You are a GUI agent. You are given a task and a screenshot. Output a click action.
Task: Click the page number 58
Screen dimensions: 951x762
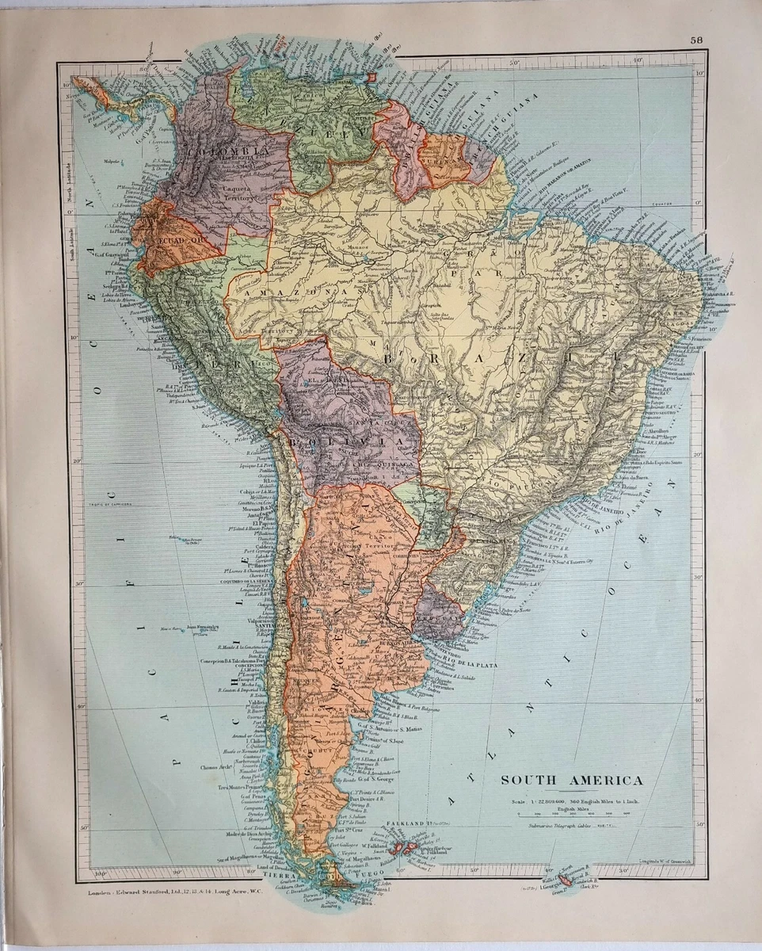click(695, 40)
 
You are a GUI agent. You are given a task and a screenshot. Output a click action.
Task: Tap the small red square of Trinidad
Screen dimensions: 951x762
click(372, 78)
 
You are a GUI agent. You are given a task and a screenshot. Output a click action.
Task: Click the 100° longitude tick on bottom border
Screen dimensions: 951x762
click(98, 875)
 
